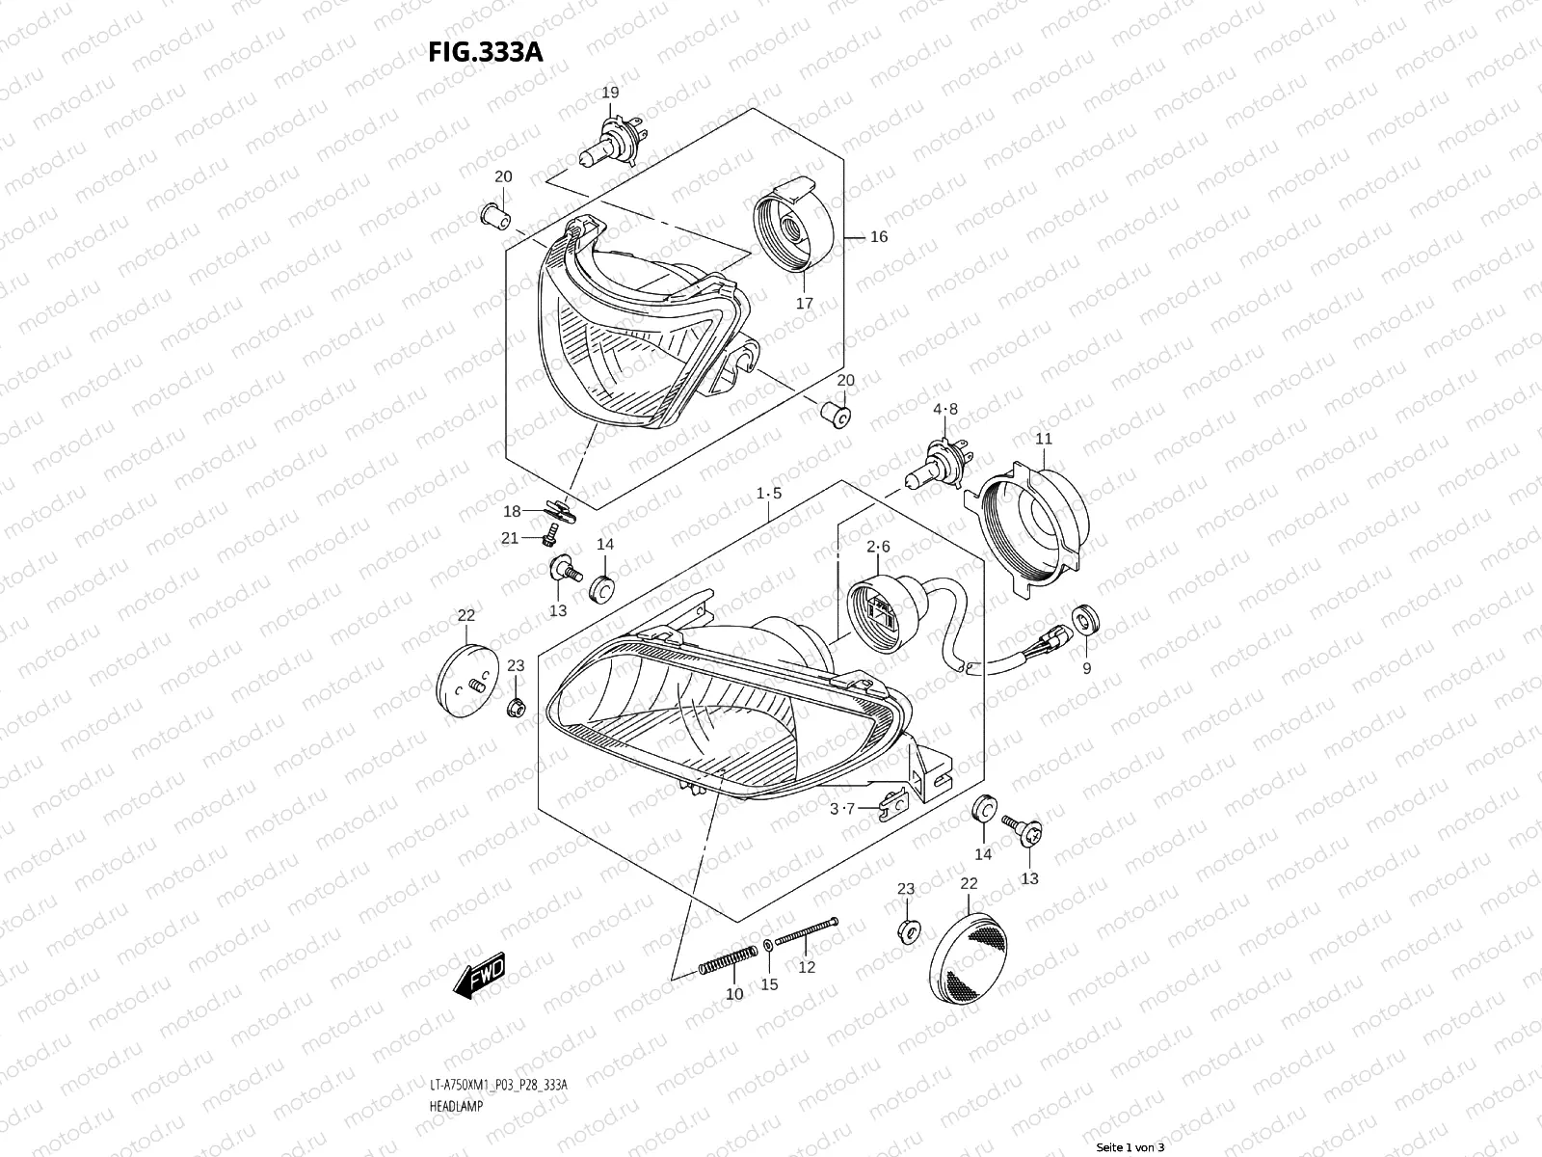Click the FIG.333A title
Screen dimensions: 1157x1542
[x=485, y=51]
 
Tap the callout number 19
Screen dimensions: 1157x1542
[x=610, y=93]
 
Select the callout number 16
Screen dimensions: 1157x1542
[x=878, y=236]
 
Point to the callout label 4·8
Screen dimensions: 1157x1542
[x=944, y=409]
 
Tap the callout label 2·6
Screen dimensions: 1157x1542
[x=878, y=547]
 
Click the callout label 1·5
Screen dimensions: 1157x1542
[x=768, y=493]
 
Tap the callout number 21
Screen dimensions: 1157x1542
[x=510, y=537]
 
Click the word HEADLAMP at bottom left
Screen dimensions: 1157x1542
[x=454, y=1107]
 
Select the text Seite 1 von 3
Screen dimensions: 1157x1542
[x=1130, y=1147]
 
